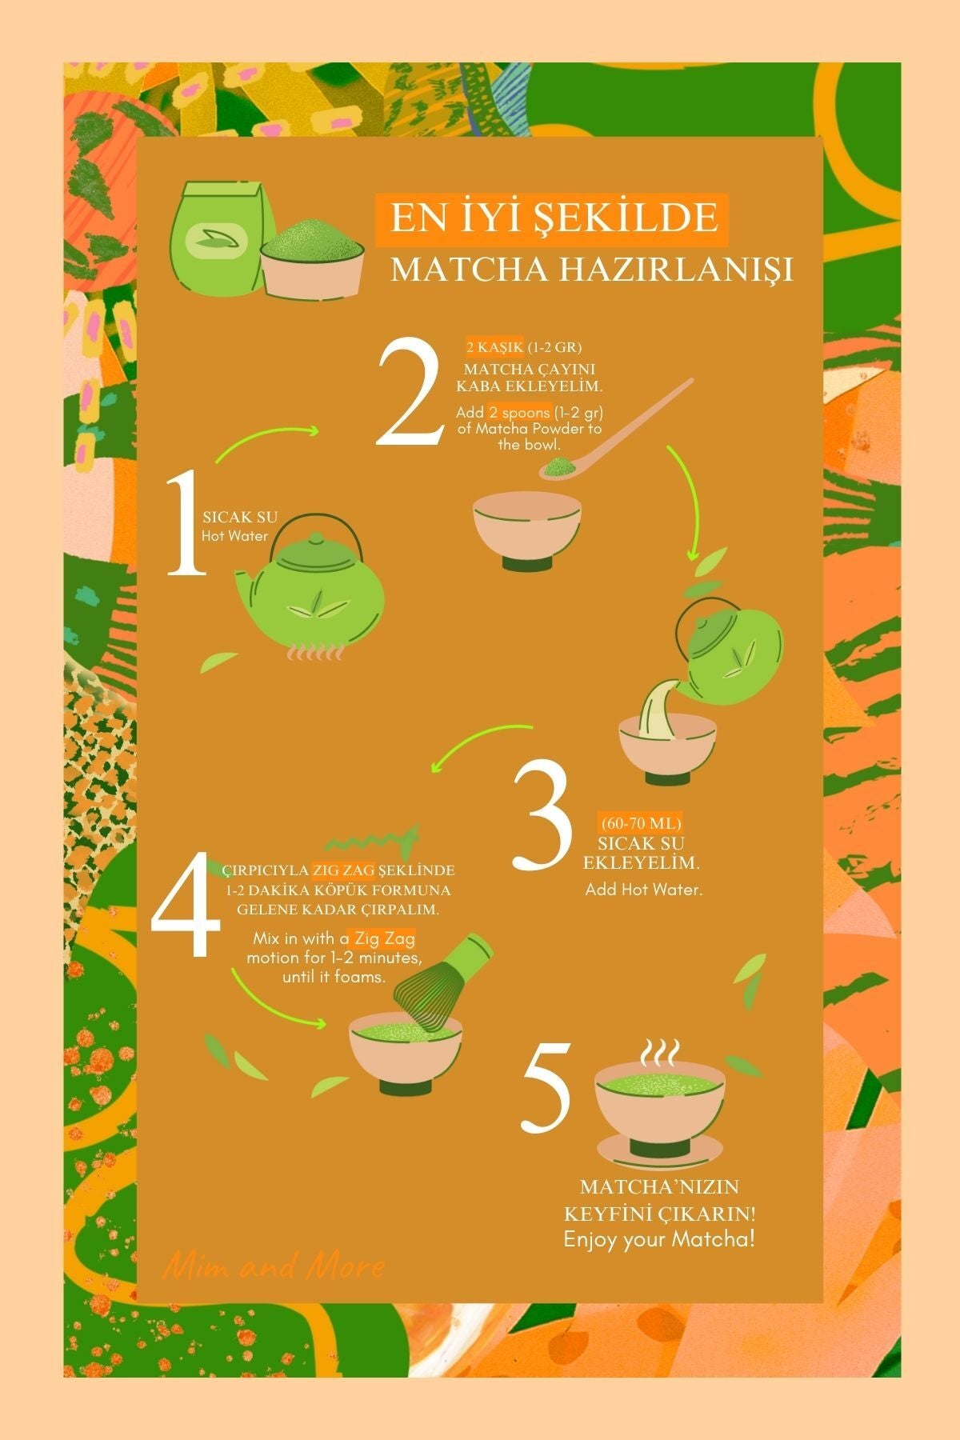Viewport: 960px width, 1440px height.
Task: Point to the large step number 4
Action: click(x=186, y=906)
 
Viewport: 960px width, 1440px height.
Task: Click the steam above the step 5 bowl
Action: click(x=661, y=1052)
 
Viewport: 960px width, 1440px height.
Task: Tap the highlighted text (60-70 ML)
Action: click(x=640, y=823)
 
